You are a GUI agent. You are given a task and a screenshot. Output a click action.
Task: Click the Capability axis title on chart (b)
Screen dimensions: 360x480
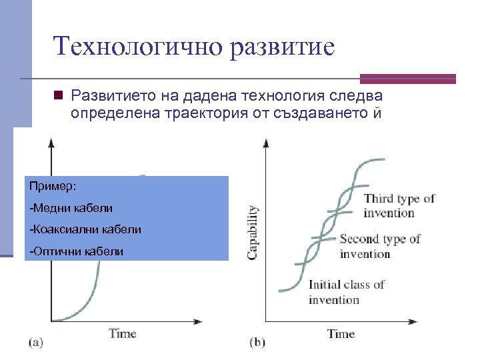point(253,232)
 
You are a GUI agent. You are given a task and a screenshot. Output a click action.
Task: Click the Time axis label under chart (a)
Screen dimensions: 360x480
point(123,333)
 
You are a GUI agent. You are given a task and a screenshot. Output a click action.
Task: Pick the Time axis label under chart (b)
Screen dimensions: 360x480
point(341,333)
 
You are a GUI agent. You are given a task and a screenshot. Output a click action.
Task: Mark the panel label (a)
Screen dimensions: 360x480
point(36,342)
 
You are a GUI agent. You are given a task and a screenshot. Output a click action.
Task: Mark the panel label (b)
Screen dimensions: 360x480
point(257,342)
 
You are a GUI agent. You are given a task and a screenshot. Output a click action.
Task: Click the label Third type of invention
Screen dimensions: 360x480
point(399,205)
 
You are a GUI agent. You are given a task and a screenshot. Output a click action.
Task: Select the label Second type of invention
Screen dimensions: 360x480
point(379,246)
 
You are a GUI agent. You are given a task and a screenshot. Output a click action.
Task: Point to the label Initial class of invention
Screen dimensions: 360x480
point(346,292)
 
